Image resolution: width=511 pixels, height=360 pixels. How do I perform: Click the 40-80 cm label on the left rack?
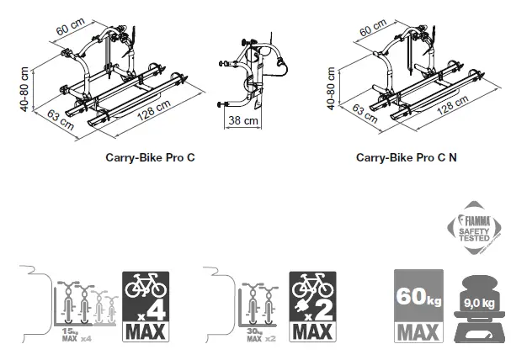coord(27,87)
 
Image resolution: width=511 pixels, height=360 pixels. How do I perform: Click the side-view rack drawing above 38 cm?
coord(252,71)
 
